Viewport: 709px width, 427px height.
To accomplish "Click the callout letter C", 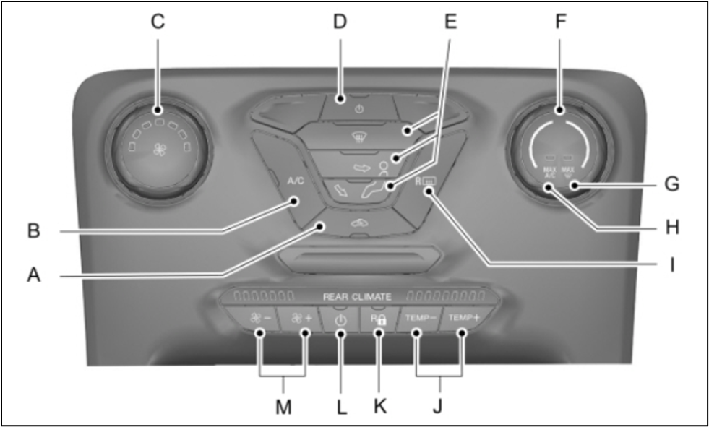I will click(x=158, y=22).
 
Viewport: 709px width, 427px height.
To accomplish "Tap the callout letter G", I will click(x=672, y=185).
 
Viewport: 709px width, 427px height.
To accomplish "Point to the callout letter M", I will click(x=283, y=407).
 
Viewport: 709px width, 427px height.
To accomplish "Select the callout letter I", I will click(x=671, y=265).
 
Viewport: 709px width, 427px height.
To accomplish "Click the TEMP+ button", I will click(x=464, y=318).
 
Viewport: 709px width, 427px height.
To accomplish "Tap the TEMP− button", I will click(x=420, y=318).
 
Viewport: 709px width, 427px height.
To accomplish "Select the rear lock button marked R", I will click(x=379, y=319).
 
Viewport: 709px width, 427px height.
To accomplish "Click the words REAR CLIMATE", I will click(x=357, y=296).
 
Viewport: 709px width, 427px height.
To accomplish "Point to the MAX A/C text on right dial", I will click(x=550, y=172).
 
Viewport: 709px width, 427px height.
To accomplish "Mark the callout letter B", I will click(x=33, y=233).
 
